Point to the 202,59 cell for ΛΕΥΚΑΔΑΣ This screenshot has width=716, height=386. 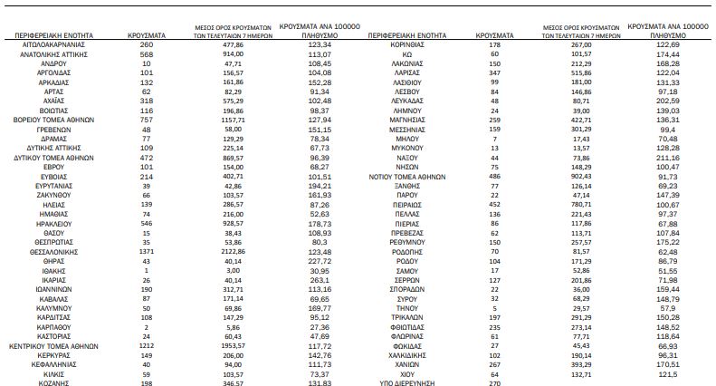coord(669,101)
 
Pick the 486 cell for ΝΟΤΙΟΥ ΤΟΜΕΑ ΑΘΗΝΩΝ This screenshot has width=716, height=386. coord(494,176)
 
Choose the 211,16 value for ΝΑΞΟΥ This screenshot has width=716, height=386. coord(669,157)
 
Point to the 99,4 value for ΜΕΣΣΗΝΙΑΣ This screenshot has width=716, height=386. coord(669,128)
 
